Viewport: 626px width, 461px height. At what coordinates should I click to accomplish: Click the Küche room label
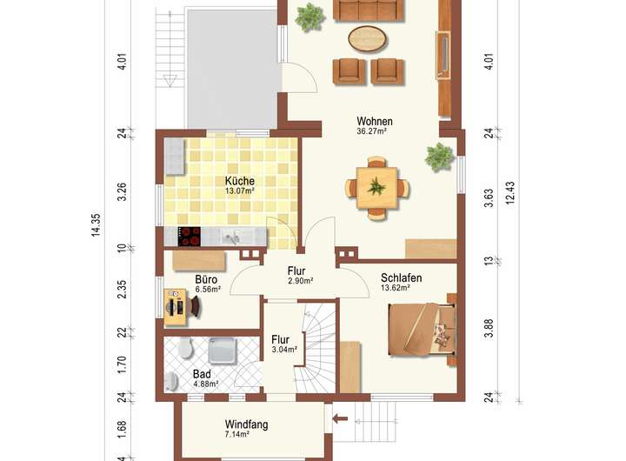(x=240, y=181)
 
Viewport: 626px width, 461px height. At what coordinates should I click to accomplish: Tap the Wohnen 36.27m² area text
(x=372, y=130)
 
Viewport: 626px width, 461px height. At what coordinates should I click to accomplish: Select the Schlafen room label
(x=401, y=277)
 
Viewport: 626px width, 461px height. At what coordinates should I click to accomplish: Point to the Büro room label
(x=206, y=279)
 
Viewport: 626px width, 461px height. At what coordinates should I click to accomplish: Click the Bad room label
(x=202, y=374)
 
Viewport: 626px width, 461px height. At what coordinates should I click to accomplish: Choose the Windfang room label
(x=246, y=424)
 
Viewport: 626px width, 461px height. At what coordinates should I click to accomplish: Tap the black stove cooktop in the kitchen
(x=190, y=237)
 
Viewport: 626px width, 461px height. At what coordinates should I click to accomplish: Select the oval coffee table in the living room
(x=368, y=38)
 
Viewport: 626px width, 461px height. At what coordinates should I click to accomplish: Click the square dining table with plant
(x=376, y=187)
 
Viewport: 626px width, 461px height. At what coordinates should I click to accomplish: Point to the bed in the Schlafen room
(x=422, y=329)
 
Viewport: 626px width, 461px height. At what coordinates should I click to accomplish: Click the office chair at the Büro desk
(x=196, y=307)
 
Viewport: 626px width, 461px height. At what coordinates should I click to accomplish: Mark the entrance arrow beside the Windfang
(x=340, y=418)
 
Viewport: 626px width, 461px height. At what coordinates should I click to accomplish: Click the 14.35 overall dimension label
(x=96, y=225)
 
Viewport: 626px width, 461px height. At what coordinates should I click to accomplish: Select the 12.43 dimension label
(x=510, y=193)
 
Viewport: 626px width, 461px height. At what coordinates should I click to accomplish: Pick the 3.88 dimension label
(x=489, y=329)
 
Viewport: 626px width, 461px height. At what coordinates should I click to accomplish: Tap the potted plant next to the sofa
(x=310, y=17)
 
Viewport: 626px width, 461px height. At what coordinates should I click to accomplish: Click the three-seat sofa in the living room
(x=368, y=10)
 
